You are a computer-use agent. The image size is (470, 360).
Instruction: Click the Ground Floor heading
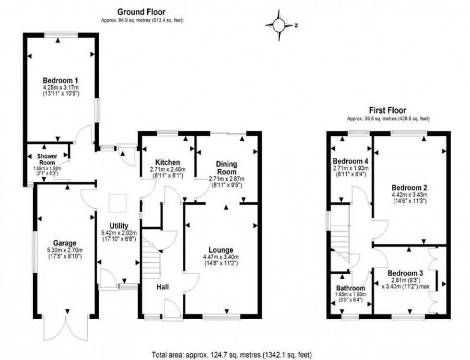142,12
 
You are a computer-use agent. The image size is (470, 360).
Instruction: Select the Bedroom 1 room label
60,80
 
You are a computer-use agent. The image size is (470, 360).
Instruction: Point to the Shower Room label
47,159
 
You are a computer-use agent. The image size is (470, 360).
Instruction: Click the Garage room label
66,243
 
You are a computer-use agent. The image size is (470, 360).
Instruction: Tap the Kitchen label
167,163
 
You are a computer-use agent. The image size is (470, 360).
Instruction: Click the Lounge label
221,250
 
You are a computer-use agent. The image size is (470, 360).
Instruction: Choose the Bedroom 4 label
349,161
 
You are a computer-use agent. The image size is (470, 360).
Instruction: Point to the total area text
232,355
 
